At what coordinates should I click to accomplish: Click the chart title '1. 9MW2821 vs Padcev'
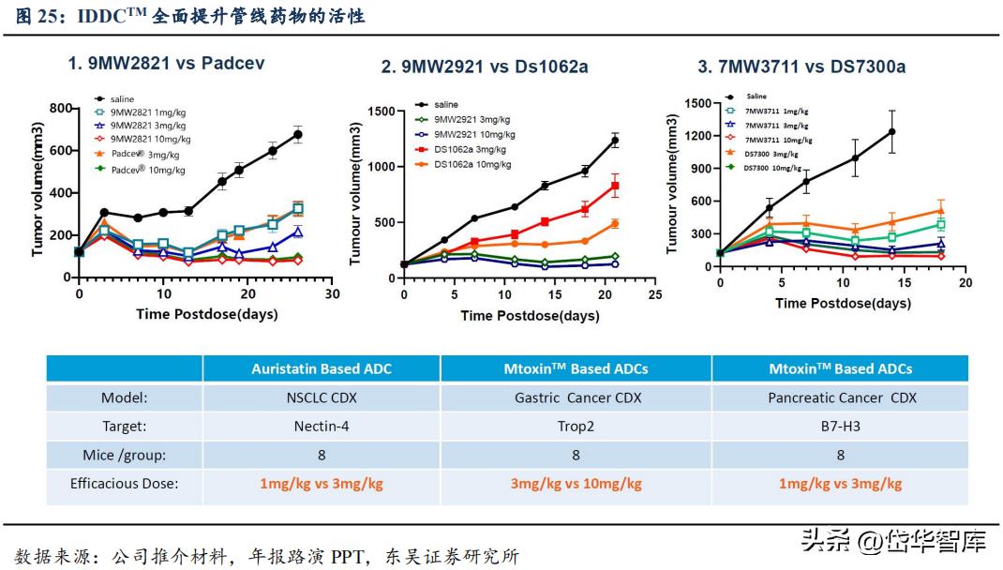(166, 64)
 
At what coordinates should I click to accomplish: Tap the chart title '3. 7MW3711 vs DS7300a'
(801, 67)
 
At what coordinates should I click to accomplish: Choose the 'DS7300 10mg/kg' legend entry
(767, 167)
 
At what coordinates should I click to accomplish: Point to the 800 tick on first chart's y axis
(61, 109)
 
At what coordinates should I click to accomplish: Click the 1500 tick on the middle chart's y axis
(379, 112)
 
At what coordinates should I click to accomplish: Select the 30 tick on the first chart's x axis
(332, 293)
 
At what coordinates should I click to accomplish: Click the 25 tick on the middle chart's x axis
(654, 294)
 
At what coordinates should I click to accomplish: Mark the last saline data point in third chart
(891, 132)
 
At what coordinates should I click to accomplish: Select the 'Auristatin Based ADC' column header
(322, 368)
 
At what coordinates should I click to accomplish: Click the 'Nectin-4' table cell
(322, 427)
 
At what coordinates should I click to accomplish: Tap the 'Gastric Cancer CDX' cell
(576, 397)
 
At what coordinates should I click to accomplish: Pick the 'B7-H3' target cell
(840, 427)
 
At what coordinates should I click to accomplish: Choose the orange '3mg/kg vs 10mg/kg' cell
(576, 484)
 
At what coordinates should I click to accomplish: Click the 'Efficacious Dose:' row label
(124, 484)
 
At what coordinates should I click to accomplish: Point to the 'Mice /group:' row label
(124, 455)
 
